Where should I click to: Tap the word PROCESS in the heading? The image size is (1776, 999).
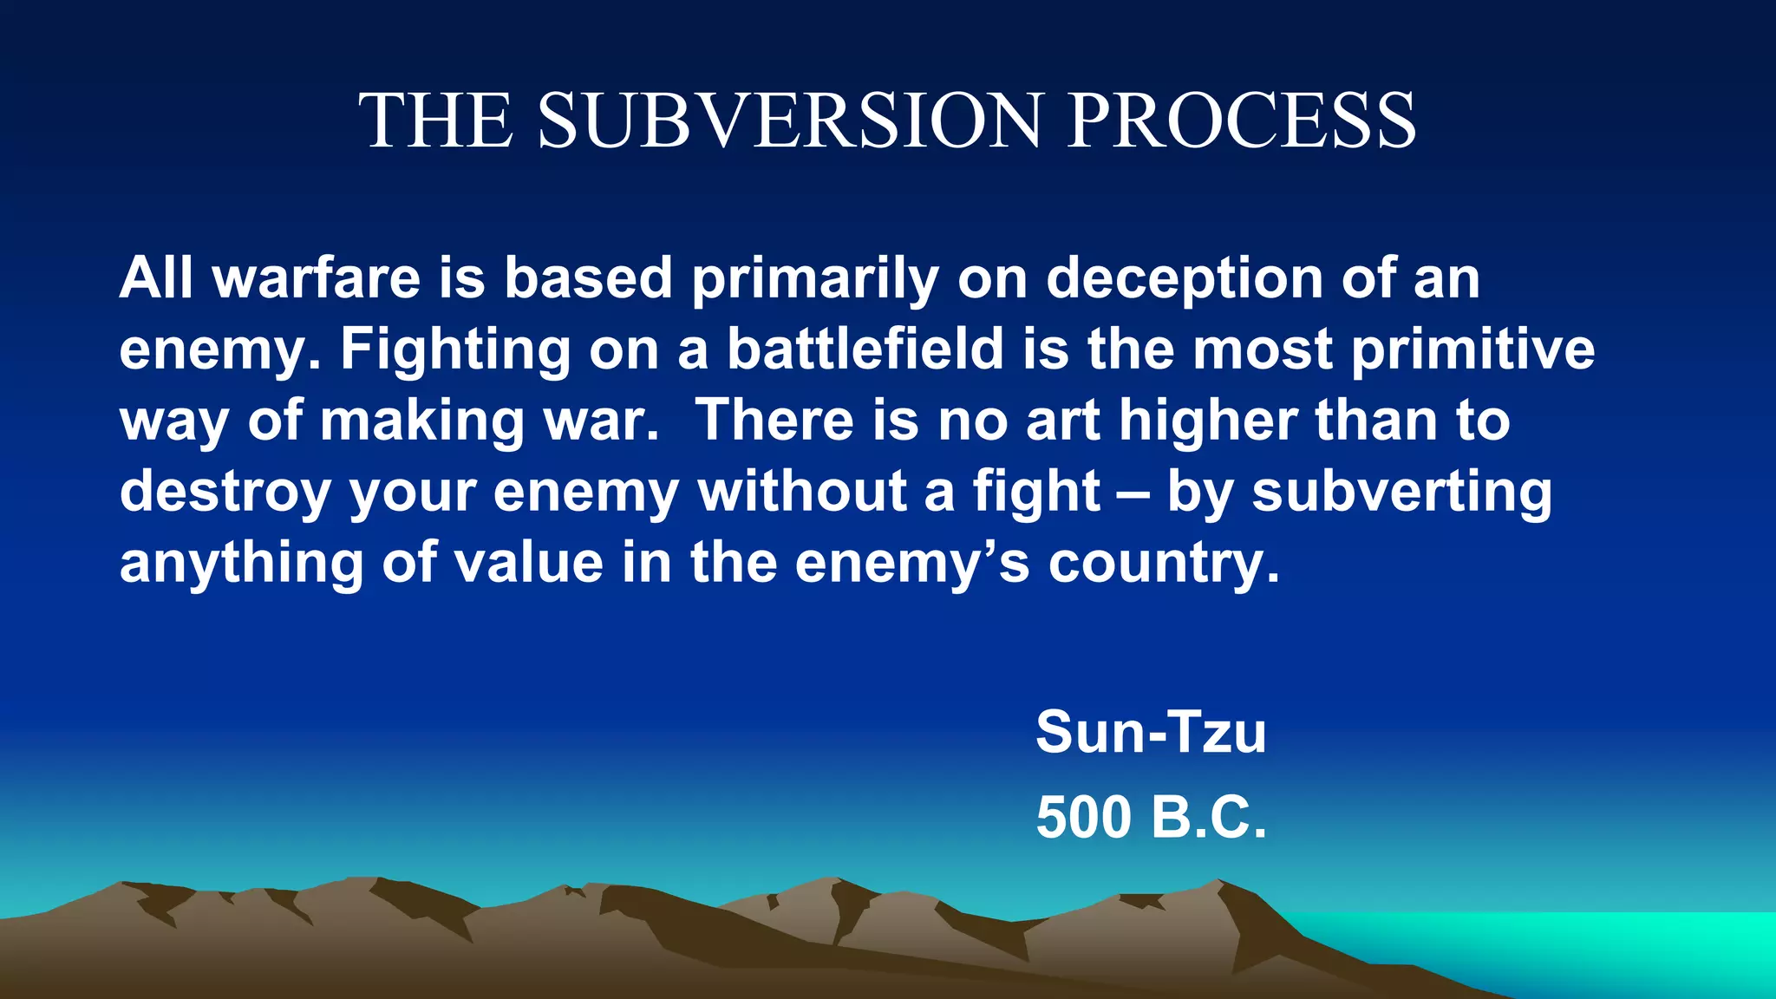tap(1241, 121)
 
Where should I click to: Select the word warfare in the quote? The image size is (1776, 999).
tap(317, 278)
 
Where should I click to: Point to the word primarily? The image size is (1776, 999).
tap(815, 280)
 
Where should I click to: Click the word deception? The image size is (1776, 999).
tap(1184, 280)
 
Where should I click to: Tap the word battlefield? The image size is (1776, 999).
tap(865, 349)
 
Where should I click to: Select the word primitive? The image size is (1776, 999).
tap(1472, 351)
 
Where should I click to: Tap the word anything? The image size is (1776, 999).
tap(241, 565)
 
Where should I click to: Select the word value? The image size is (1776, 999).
tap(529, 563)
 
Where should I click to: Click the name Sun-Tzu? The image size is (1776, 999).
tap(1151, 732)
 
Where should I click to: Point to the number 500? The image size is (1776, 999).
tap(1084, 817)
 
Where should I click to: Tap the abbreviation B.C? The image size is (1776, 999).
tap(1209, 817)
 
